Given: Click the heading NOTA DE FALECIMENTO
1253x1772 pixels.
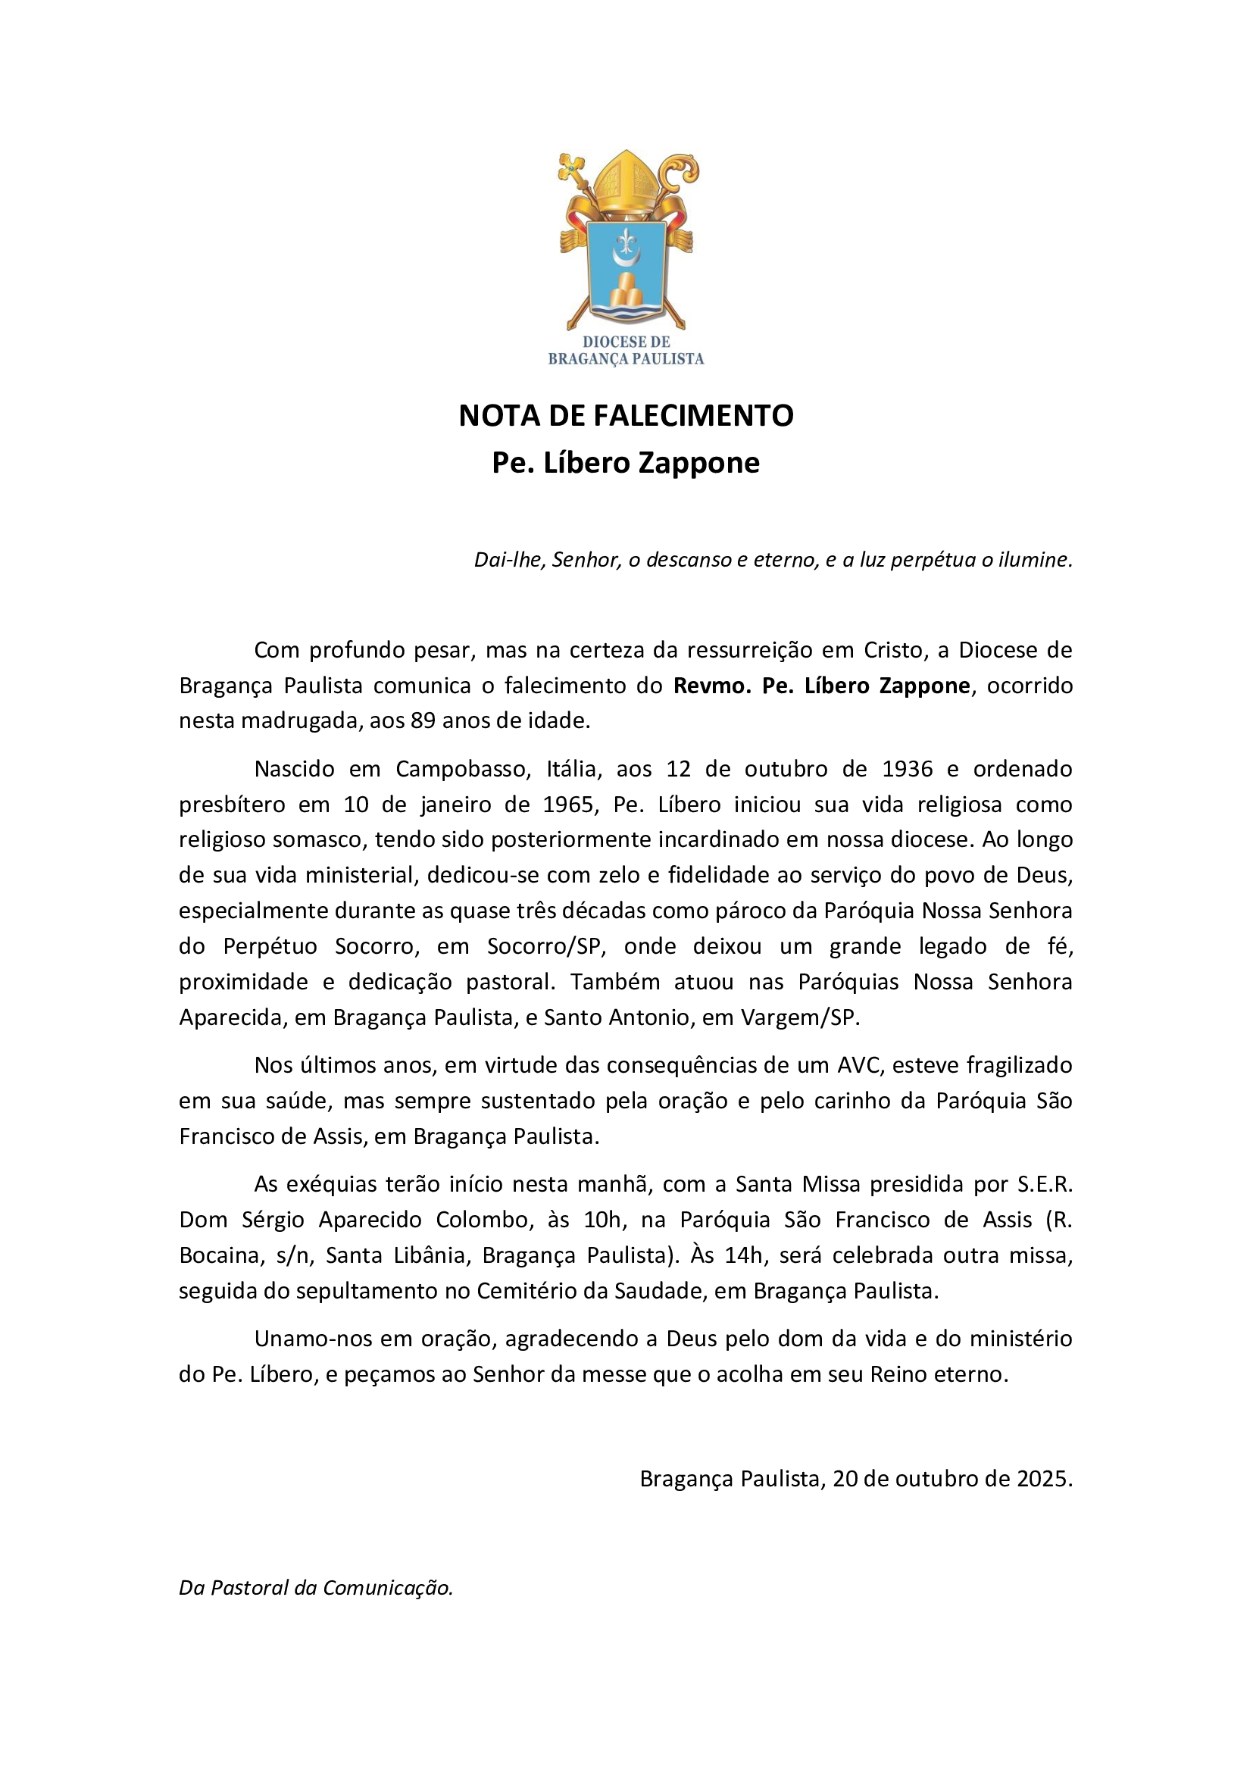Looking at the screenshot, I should pos(626,416).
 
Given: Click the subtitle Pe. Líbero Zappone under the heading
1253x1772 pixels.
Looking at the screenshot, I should pos(626,462).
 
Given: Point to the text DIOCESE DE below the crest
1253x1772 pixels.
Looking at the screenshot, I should pos(626,342).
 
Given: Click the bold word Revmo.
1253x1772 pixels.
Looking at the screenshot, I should pos(712,686).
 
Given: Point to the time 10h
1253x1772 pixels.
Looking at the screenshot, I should pos(602,1220).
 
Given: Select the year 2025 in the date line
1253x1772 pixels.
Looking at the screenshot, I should pos(1042,1479).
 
